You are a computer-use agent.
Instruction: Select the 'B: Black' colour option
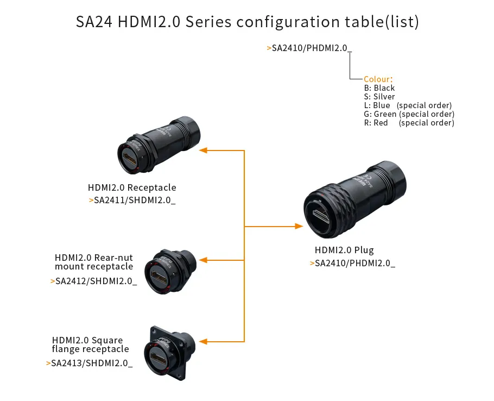[379, 88]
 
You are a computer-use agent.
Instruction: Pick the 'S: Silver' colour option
[379, 97]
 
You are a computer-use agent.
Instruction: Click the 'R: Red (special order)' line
[409, 123]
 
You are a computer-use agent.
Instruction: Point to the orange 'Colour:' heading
[378, 79]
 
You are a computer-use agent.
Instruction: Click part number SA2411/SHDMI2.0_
[135, 200]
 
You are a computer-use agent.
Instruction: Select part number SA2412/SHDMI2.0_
[96, 281]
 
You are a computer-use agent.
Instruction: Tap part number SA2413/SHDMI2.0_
[92, 363]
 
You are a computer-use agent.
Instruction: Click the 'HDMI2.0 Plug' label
[344, 250]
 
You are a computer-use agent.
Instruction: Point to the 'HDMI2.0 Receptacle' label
[132, 188]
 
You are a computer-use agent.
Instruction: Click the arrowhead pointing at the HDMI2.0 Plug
[299, 226]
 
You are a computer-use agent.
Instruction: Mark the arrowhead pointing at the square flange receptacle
[203, 341]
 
